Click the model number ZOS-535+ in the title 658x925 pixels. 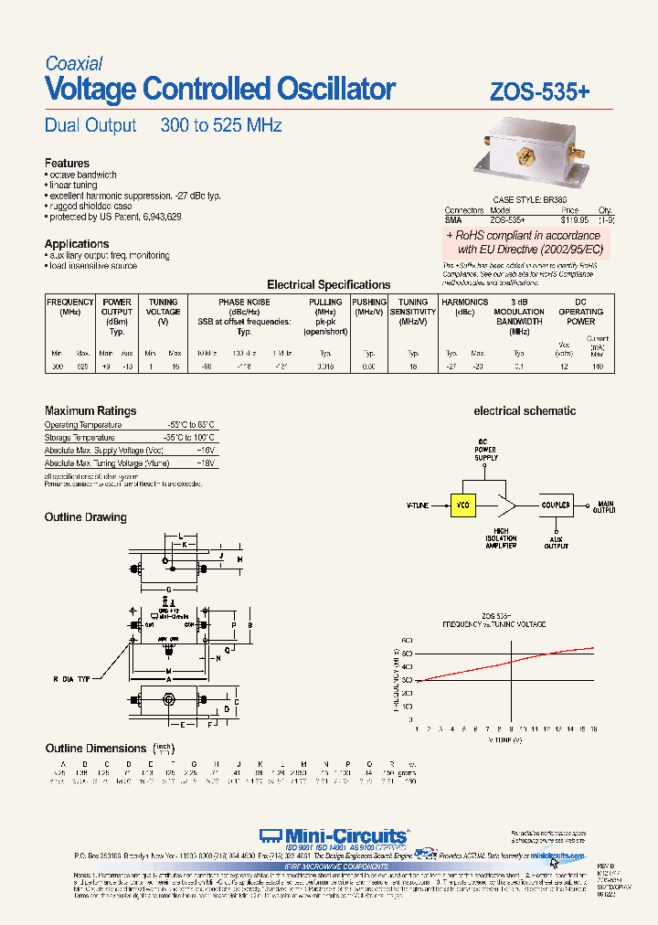click(x=540, y=91)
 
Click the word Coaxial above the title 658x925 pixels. click(x=74, y=64)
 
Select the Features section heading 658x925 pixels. click(x=67, y=164)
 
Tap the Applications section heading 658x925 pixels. click(x=77, y=244)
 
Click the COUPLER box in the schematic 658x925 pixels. click(x=557, y=505)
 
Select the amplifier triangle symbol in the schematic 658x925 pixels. click(x=506, y=505)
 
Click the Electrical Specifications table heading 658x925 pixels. click(x=328, y=285)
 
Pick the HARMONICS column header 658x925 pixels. click(x=464, y=302)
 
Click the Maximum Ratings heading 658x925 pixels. click(x=90, y=411)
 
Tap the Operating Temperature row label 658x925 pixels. click(x=83, y=425)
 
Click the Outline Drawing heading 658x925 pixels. click(x=86, y=517)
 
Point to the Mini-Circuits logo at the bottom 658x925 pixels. click(x=333, y=835)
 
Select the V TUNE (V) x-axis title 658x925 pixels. click(x=504, y=739)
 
